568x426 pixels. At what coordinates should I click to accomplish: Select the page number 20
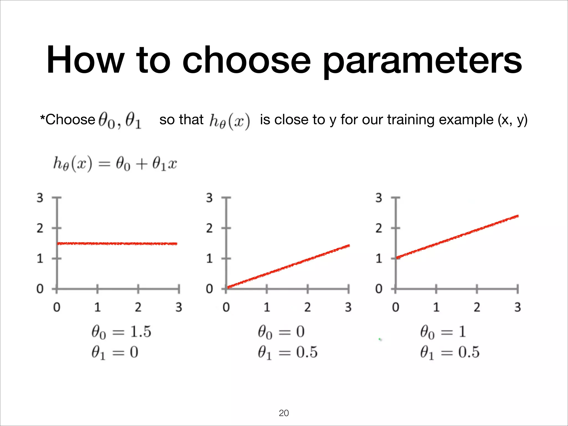284,413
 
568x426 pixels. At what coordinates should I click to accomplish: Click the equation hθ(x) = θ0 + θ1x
115,164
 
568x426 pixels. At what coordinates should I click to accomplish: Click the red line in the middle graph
288,266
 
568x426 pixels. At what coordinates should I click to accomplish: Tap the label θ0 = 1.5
121,332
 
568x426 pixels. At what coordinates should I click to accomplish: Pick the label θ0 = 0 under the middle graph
281,332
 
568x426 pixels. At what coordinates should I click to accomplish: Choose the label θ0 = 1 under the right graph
443,332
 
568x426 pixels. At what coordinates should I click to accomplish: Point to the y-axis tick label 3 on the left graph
40,198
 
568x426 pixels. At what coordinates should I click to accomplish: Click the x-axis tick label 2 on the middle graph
307,307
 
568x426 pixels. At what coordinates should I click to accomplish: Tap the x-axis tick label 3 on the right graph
518,307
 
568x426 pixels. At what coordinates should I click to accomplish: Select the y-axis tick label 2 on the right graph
379,228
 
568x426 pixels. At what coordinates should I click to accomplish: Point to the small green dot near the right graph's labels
380,339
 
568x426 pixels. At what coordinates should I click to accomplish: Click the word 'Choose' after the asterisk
70,120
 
